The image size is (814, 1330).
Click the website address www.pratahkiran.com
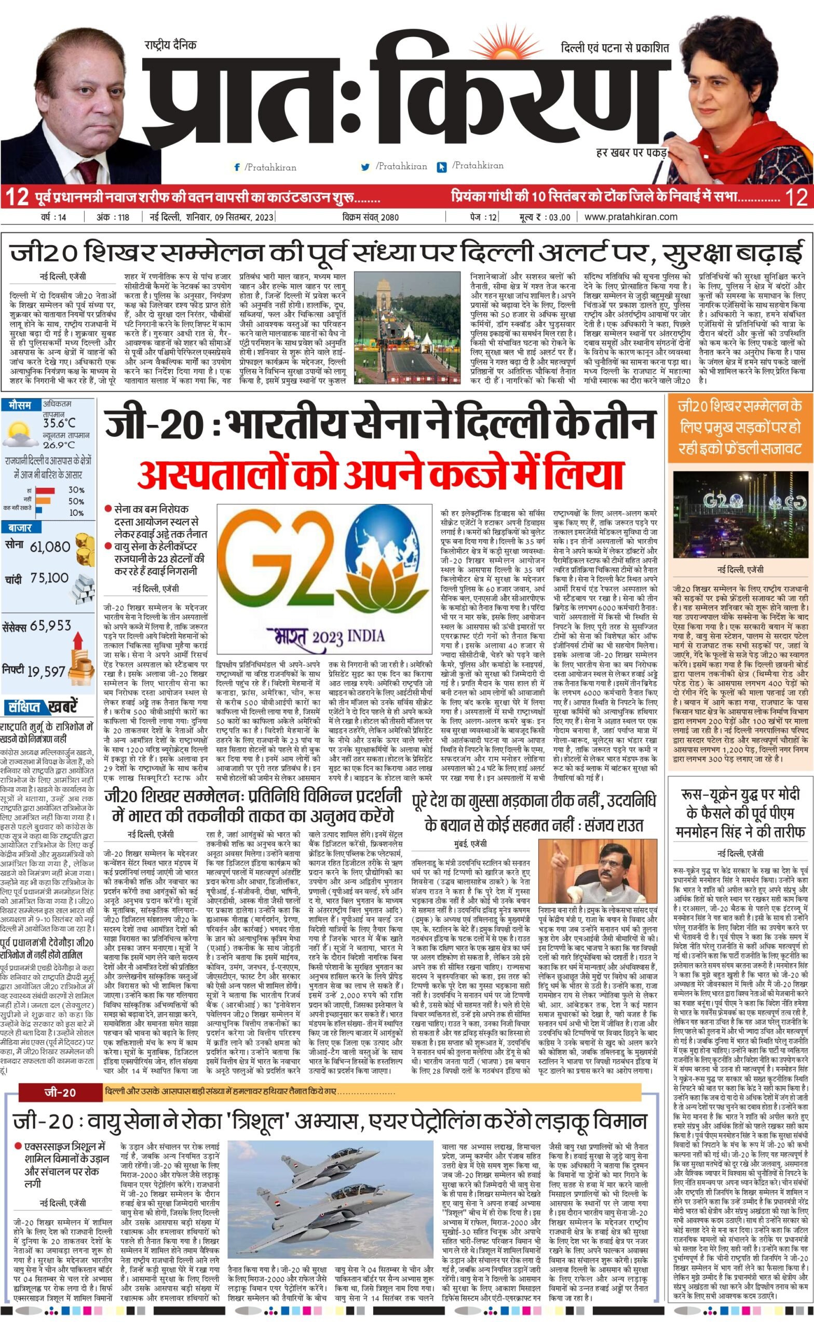631,217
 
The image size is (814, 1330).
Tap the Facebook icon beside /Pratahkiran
237,167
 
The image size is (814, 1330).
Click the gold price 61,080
50,547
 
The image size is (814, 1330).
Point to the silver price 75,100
50,579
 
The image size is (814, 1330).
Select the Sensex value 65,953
51,626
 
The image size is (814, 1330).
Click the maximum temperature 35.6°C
59,423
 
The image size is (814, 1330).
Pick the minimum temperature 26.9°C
59,445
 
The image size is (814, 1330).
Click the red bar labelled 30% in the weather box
45,490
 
